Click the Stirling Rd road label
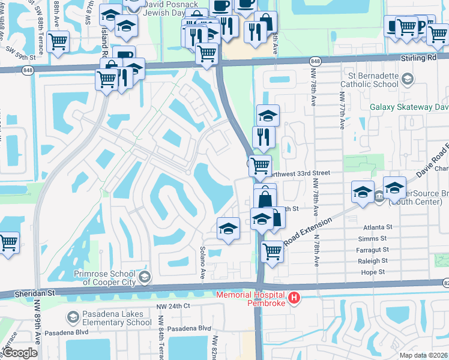click(419, 59)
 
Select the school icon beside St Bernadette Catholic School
click(408, 79)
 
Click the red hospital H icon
click(294, 298)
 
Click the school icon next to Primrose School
click(144, 277)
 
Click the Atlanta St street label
click(378, 227)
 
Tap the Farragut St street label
click(376, 250)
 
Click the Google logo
click(20, 353)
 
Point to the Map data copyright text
click(423, 355)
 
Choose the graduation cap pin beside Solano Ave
click(228, 229)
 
